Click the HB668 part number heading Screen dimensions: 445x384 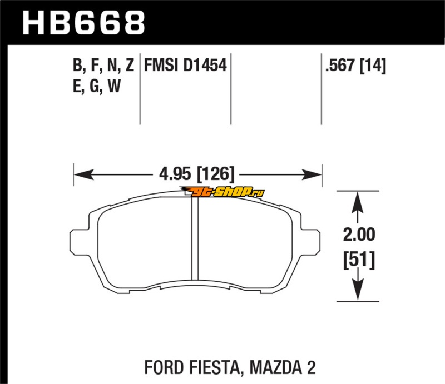pos(84,23)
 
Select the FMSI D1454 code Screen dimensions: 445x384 pos(185,66)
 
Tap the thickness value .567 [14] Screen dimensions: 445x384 pos(355,66)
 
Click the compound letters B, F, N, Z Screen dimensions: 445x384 pos(103,66)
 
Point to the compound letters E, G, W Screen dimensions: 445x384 pos(97,86)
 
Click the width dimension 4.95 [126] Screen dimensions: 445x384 pos(197,173)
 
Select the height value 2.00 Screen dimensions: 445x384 pos(359,235)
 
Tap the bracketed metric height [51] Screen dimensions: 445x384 pos(359,260)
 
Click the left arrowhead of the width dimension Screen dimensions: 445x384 pos(84,174)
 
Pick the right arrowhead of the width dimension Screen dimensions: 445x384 pos(312,174)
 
